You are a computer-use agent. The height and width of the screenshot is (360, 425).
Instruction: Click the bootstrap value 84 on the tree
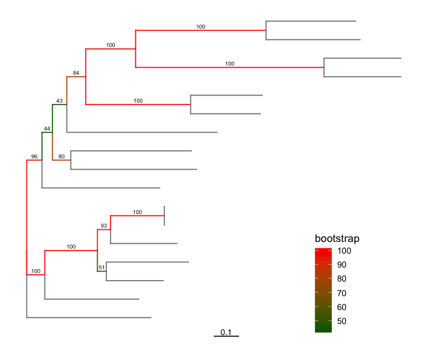click(75, 73)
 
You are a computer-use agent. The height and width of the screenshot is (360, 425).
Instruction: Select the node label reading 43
click(60, 100)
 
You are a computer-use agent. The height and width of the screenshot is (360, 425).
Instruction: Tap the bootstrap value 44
click(47, 129)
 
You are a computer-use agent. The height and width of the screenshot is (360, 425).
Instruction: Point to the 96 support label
click(34, 157)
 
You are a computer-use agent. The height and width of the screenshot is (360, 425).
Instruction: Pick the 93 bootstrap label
click(104, 225)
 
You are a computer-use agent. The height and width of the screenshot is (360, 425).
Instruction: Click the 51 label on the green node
click(102, 268)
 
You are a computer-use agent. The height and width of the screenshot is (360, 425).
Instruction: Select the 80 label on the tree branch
click(62, 155)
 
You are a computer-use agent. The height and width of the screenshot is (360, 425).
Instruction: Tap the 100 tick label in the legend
click(345, 251)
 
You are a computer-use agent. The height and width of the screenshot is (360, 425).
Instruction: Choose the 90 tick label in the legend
click(343, 265)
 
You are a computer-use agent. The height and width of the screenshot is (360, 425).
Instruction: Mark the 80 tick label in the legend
click(343, 279)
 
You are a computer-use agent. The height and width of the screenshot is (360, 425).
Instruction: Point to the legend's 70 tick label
click(343, 293)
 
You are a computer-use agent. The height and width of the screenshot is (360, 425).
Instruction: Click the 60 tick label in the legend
click(343, 307)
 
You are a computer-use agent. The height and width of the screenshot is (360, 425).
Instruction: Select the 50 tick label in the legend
click(343, 321)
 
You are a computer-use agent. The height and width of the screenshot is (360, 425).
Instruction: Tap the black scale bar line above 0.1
click(226, 337)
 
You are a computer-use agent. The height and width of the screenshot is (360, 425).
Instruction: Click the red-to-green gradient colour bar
click(322, 290)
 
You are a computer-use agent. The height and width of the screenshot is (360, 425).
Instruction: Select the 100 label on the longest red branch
click(229, 64)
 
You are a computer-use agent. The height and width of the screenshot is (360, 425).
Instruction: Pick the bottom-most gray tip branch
click(88, 317)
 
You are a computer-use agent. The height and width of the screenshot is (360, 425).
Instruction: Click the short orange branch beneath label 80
click(62, 161)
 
